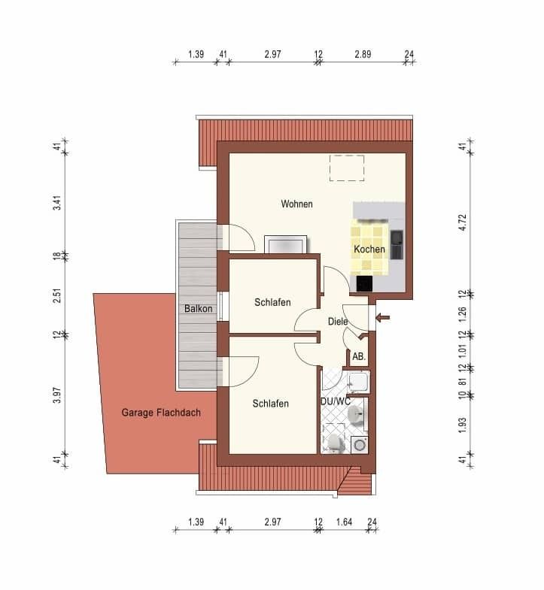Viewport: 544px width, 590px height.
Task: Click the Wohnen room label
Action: click(297, 204)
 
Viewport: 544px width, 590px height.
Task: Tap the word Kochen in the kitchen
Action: click(369, 249)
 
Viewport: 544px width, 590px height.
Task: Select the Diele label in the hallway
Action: click(338, 322)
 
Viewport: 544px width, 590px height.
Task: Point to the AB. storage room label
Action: click(359, 356)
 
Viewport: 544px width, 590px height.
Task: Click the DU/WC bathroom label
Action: click(336, 401)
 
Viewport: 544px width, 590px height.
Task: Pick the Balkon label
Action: click(198, 309)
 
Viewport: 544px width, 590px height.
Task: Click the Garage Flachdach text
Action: click(161, 413)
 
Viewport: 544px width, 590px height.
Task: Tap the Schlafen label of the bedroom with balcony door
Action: click(270, 404)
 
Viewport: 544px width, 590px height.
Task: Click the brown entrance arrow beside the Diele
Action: click(383, 318)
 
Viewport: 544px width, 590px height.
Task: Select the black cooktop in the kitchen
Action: click(364, 283)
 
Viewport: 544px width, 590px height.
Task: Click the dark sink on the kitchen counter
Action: click(397, 244)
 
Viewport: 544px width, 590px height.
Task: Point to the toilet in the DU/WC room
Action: click(335, 443)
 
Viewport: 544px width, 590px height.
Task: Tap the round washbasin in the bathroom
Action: click(356, 415)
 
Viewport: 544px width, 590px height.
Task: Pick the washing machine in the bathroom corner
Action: click(360, 445)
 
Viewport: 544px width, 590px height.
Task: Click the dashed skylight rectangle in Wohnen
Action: click(347, 168)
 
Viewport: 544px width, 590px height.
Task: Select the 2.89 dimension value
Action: click(363, 54)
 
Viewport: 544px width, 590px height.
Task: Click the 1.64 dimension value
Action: click(344, 522)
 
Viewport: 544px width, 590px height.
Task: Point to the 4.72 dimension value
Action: click(463, 222)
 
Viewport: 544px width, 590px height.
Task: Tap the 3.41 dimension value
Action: click(57, 203)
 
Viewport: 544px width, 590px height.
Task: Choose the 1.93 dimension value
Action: click(463, 425)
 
